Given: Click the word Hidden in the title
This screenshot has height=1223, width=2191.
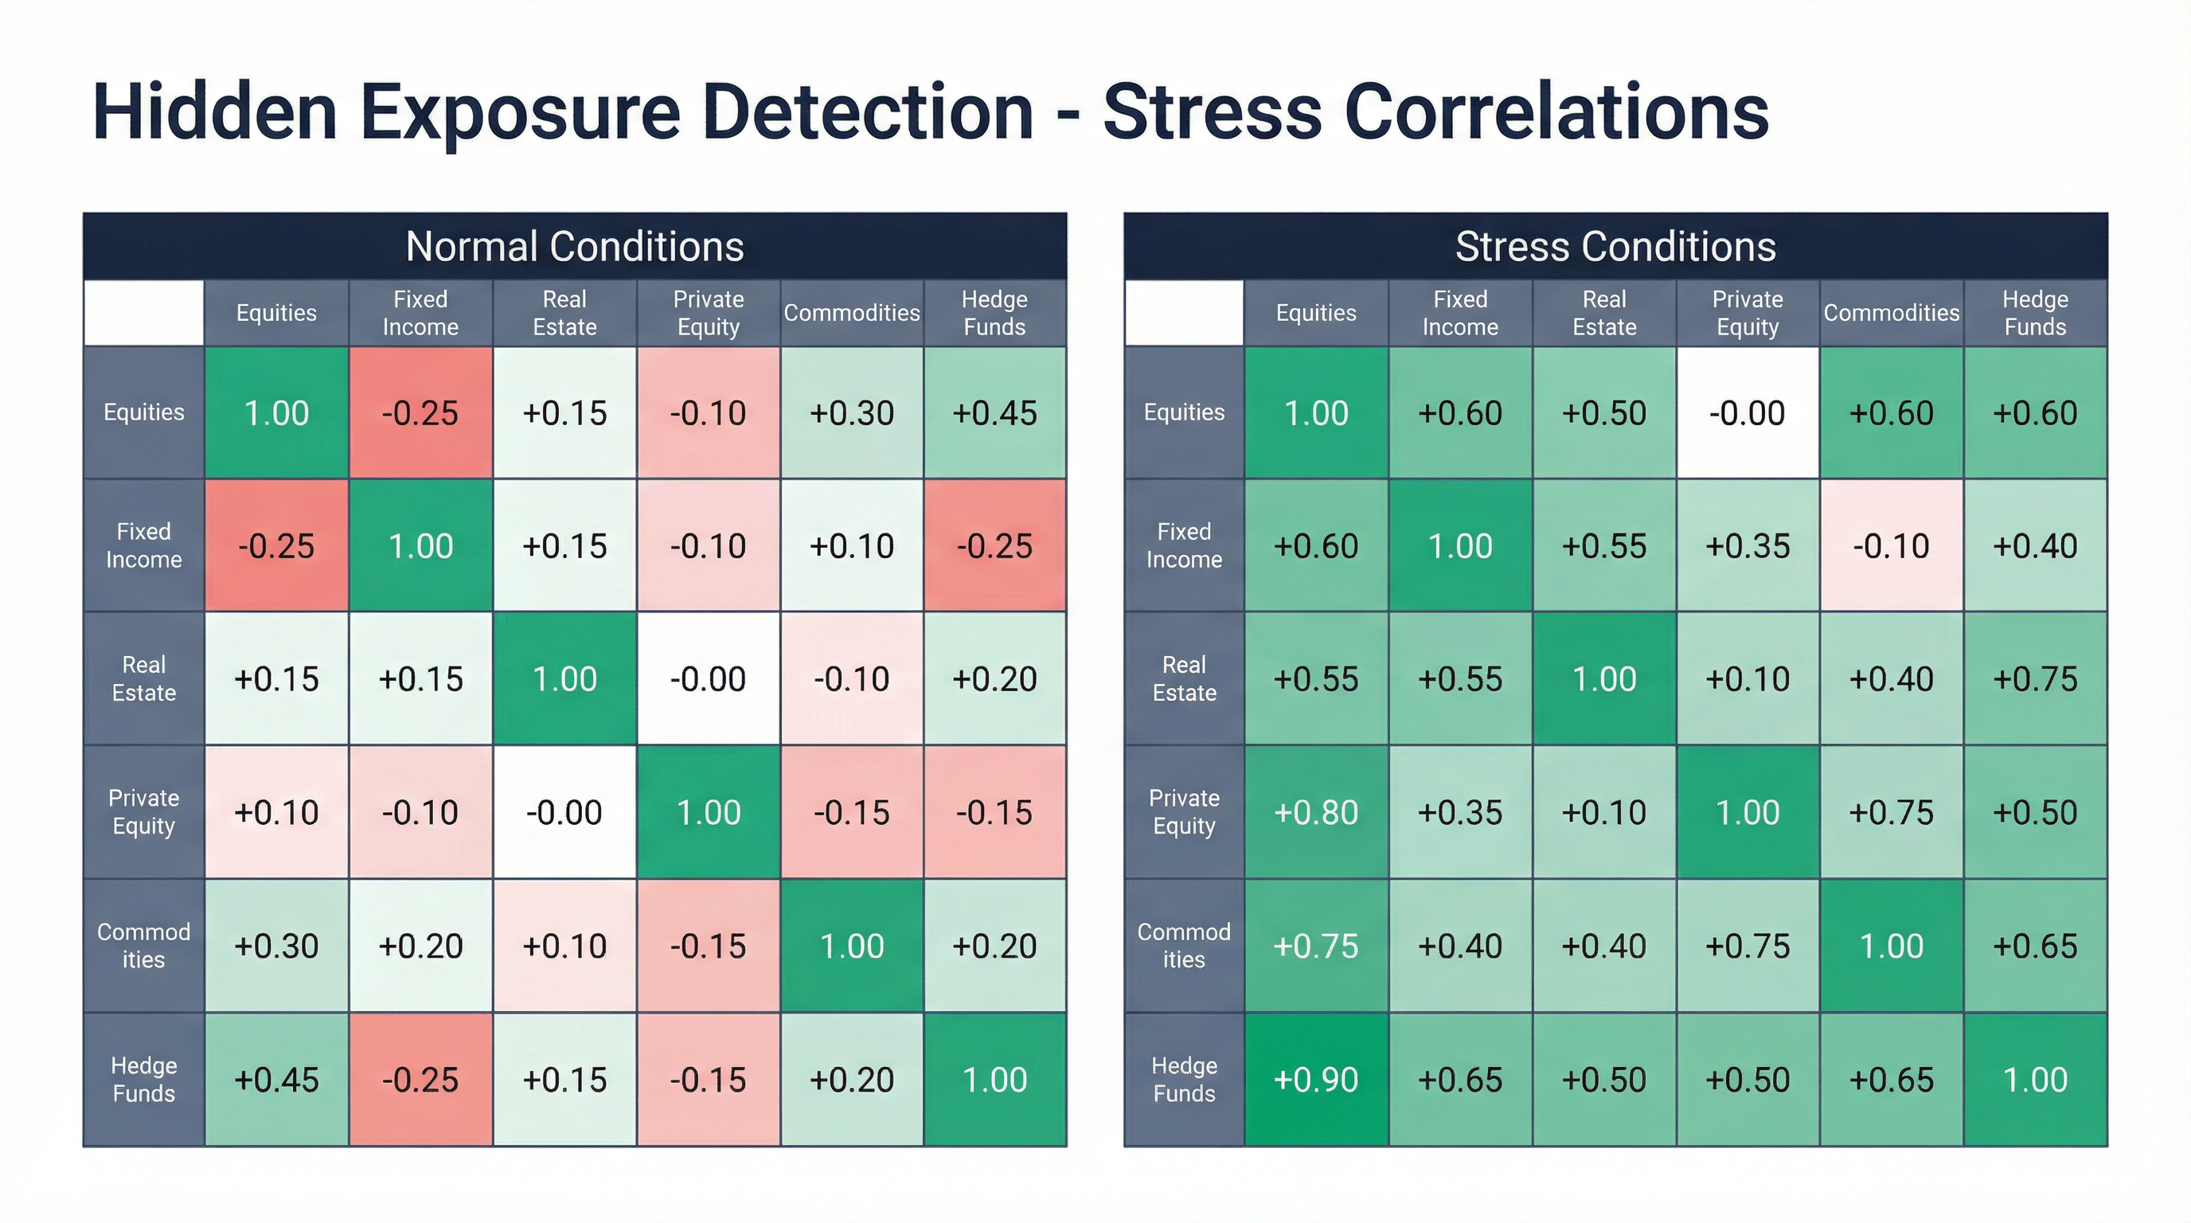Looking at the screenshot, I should (214, 112).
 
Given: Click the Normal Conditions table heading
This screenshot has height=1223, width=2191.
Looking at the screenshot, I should (574, 247).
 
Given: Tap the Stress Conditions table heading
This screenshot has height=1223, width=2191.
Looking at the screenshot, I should (1615, 247).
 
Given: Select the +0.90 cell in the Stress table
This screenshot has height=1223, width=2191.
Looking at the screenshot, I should (1315, 1079).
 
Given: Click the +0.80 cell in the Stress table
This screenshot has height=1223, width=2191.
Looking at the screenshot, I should (1315, 812).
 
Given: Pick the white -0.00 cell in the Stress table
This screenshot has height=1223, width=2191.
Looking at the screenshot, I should (1747, 412).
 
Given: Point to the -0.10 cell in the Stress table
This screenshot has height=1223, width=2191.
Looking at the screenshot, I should (1891, 545).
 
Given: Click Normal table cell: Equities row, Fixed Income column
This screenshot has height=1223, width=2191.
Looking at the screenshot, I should (420, 412).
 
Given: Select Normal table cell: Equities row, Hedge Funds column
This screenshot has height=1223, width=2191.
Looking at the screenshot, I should (994, 412).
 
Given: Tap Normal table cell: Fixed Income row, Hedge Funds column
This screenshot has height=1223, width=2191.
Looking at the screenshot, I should (994, 545).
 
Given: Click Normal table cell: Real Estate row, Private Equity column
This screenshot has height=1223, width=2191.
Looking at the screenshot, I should (708, 678).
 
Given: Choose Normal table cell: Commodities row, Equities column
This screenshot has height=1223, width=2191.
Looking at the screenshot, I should (276, 946).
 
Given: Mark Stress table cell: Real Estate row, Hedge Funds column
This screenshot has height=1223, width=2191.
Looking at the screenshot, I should (2034, 678).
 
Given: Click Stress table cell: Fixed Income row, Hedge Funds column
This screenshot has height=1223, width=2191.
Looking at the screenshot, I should (2034, 545).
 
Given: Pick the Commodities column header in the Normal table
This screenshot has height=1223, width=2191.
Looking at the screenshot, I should (851, 313).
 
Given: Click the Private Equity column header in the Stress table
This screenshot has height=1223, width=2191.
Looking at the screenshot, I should (1747, 313).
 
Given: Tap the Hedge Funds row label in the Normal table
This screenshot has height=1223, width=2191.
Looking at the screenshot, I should (144, 1079).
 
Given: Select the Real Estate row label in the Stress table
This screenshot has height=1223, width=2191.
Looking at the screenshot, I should (1183, 678).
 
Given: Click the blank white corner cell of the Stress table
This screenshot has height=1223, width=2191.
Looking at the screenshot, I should (1183, 313).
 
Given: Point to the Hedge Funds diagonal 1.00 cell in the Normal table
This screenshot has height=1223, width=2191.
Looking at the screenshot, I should (994, 1079).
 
